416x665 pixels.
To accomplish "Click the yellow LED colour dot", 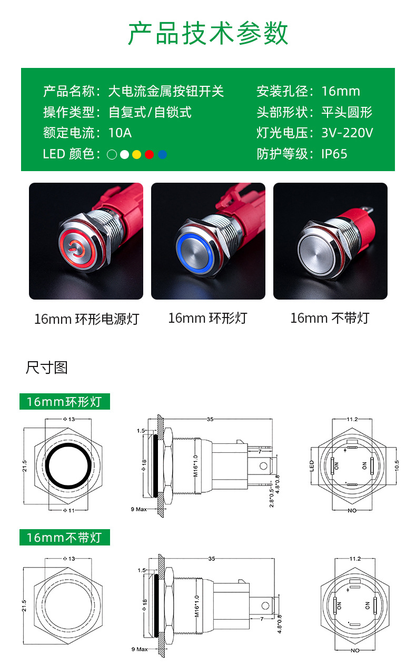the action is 136,154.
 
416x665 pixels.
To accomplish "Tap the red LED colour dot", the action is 149,154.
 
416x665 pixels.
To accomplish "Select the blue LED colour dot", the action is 162,154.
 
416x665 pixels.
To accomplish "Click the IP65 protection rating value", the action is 334,154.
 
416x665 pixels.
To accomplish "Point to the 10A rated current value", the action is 120,133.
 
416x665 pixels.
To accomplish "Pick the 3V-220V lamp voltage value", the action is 347,133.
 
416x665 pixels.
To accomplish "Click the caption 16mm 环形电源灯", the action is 87,319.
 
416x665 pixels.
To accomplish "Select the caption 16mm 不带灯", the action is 330,318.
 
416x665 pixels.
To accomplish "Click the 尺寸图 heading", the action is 47,368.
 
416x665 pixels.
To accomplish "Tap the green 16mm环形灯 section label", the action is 65,401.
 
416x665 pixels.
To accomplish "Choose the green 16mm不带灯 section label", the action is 65,538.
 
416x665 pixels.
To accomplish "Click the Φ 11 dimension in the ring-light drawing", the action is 68,511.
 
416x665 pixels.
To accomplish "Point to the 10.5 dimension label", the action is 397,465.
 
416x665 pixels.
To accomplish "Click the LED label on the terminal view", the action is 312,466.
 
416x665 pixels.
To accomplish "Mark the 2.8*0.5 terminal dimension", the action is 271,497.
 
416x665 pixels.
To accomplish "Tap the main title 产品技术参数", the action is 208,33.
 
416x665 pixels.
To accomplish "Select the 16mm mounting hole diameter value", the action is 341,91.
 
